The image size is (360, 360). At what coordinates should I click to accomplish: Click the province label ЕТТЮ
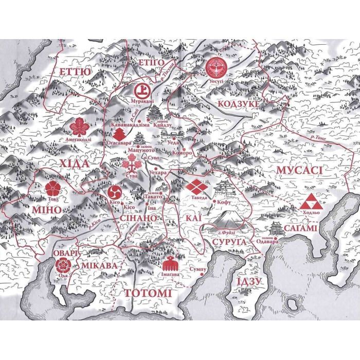point(75,71)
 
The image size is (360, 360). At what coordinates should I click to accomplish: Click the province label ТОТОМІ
point(147,293)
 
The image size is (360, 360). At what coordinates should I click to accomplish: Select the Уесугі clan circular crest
point(215,68)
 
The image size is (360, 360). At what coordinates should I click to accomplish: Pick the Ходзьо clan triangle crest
point(313,202)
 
